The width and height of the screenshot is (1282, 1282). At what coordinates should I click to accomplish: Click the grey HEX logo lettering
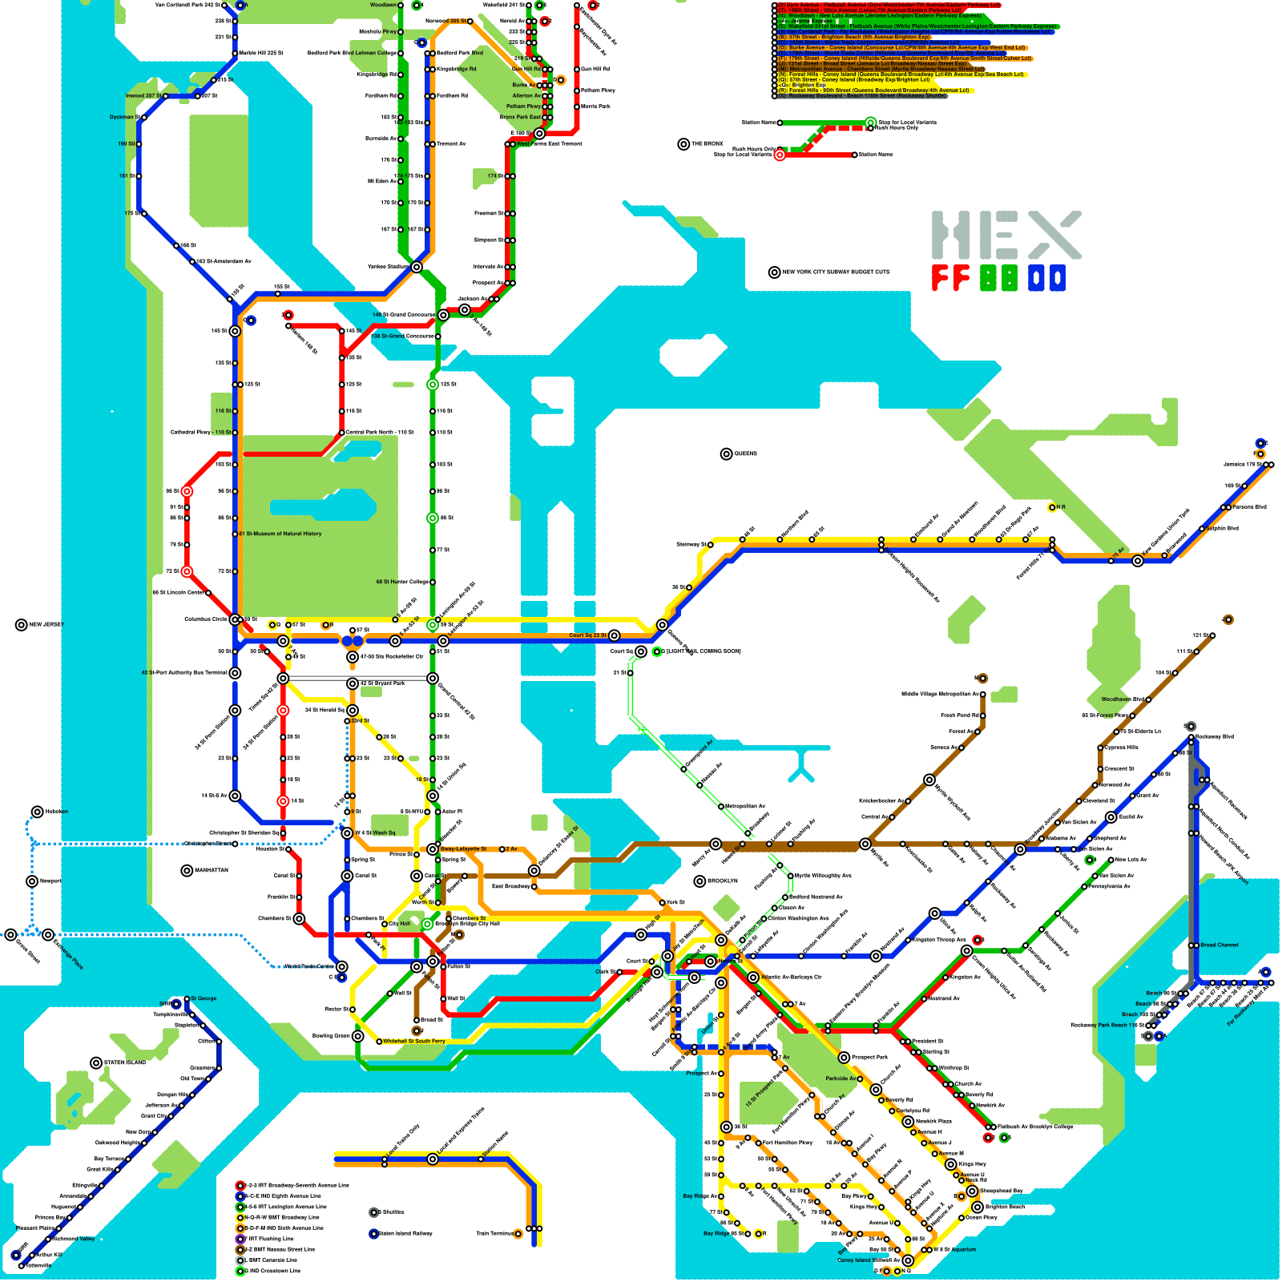[x=1006, y=235]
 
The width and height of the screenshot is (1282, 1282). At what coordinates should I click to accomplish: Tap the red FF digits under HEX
[x=951, y=278]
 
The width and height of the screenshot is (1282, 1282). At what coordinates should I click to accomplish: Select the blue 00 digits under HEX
[x=1046, y=278]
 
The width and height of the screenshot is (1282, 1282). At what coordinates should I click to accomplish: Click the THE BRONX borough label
[x=708, y=144]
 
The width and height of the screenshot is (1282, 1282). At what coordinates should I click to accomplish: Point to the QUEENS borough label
[x=745, y=454]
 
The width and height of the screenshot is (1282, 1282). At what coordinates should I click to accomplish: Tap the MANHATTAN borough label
[x=210, y=870]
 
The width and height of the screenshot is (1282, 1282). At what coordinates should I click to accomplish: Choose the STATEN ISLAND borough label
[x=125, y=1063]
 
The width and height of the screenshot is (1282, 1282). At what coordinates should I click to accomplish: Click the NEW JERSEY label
[x=46, y=625]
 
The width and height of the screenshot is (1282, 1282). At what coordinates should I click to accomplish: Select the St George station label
[x=204, y=998]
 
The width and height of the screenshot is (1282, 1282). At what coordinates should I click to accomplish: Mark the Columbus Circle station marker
[x=235, y=619]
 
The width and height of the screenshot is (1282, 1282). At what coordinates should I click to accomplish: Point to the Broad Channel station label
[x=1219, y=945]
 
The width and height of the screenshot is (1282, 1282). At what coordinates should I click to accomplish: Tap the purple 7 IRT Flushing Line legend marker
[x=240, y=1239]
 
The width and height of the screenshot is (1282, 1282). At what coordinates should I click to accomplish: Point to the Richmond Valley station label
[x=74, y=1239]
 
